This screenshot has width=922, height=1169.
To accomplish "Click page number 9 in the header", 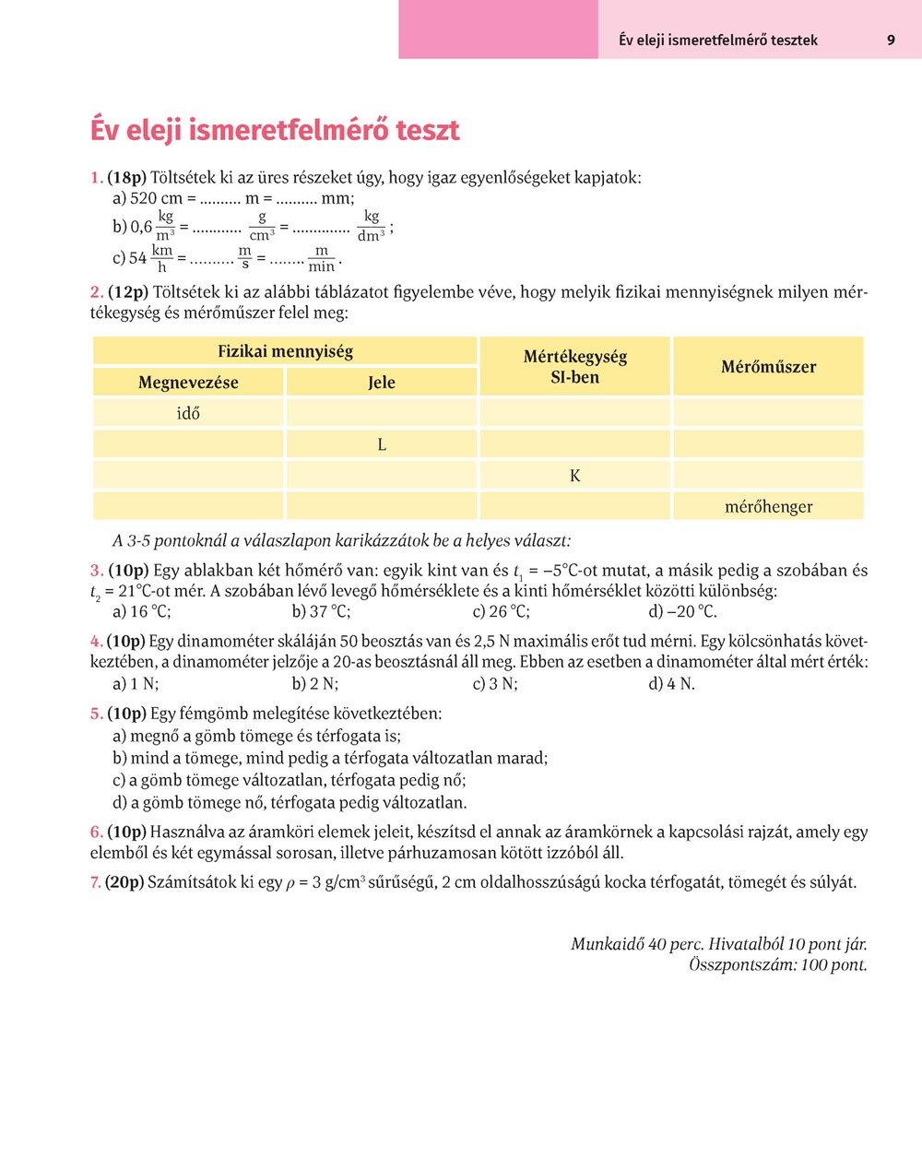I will click(x=891, y=40).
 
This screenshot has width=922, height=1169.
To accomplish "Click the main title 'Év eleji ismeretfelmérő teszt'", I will click(x=275, y=130).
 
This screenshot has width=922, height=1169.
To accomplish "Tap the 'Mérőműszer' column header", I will click(x=768, y=367).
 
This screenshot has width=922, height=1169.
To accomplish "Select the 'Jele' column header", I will click(x=381, y=383).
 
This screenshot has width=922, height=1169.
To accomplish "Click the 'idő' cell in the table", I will click(x=188, y=413).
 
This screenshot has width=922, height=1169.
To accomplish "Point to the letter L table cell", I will click(x=382, y=444).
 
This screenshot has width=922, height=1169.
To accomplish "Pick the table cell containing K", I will click(x=575, y=476).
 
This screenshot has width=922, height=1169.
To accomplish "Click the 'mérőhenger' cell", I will click(x=768, y=506).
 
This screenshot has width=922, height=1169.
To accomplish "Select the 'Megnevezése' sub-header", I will click(x=188, y=383).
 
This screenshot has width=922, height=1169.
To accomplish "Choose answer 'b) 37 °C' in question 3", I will click(x=321, y=611).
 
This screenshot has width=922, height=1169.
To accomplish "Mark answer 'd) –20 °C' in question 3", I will click(x=682, y=611).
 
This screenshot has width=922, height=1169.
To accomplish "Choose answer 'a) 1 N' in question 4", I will click(x=136, y=683).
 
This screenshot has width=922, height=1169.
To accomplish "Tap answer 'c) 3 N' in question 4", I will click(x=495, y=683).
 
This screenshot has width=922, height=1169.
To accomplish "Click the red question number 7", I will click(x=96, y=882).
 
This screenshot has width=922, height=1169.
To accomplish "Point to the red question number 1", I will click(x=96, y=177).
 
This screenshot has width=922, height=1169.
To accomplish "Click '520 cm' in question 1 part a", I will click(x=148, y=198).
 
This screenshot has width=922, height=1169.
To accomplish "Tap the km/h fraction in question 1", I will click(x=162, y=258).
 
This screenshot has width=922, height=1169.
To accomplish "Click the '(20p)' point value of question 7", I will click(x=124, y=882).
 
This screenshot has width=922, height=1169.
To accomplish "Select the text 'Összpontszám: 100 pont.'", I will click(x=777, y=965).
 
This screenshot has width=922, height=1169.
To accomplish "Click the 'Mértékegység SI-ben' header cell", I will click(x=574, y=367).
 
